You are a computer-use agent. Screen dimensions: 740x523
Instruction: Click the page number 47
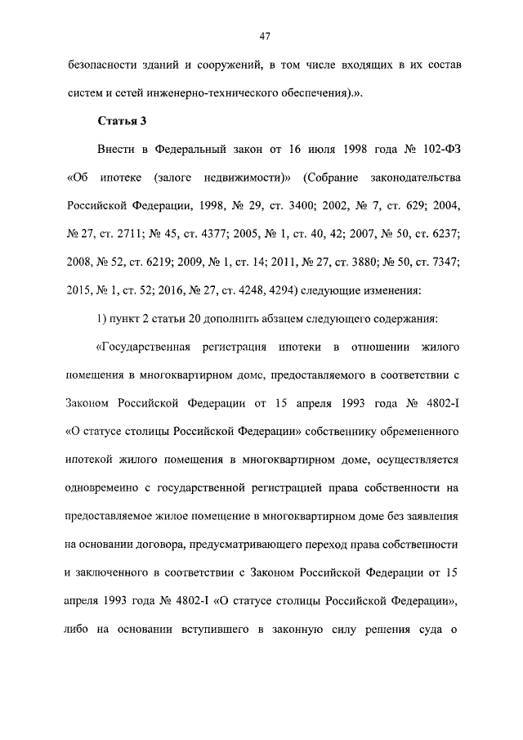click(x=264, y=35)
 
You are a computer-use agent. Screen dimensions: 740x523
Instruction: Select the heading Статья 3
click(x=122, y=122)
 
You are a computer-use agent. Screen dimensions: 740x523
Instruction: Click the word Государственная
click(x=144, y=349)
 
